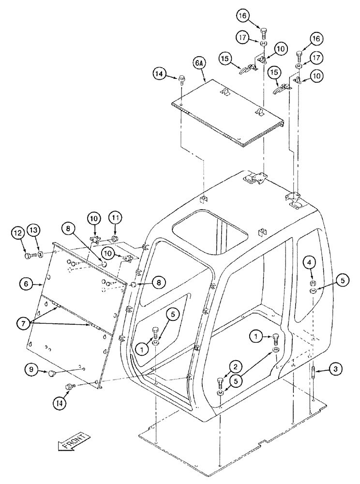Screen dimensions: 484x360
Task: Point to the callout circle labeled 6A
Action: (199, 63)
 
